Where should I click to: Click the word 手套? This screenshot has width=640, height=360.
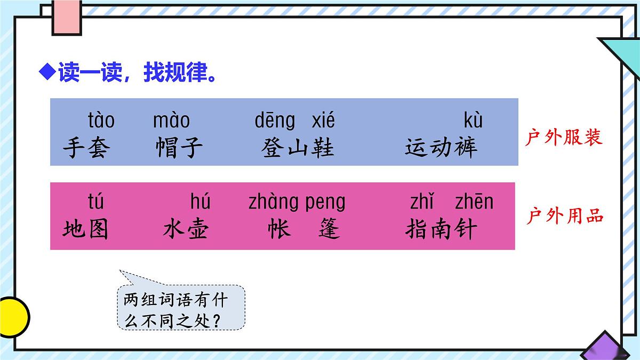(x=85, y=148)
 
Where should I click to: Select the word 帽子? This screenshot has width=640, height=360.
(x=179, y=148)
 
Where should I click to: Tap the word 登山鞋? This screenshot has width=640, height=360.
(x=298, y=148)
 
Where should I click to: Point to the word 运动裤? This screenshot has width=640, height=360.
(x=441, y=148)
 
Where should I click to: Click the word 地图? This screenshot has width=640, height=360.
(x=85, y=229)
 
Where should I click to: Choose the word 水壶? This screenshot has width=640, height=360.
(x=186, y=229)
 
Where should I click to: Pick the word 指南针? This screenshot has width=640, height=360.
(x=441, y=229)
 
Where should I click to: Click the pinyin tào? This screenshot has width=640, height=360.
(x=101, y=121)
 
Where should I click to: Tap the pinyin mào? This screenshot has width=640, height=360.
(x=171, y=121)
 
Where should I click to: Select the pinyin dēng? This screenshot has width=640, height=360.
(x=275, y=121)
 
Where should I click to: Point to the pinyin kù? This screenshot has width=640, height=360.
(x=473, y=121)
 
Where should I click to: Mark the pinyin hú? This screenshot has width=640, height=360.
(x=200, y=202)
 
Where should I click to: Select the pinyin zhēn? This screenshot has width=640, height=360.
(x=474, y=202)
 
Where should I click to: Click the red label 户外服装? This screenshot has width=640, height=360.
(x=564, y=138)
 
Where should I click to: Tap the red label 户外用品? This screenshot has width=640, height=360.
(x=565, y=216)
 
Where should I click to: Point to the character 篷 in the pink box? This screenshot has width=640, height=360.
(x=329, y=229)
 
